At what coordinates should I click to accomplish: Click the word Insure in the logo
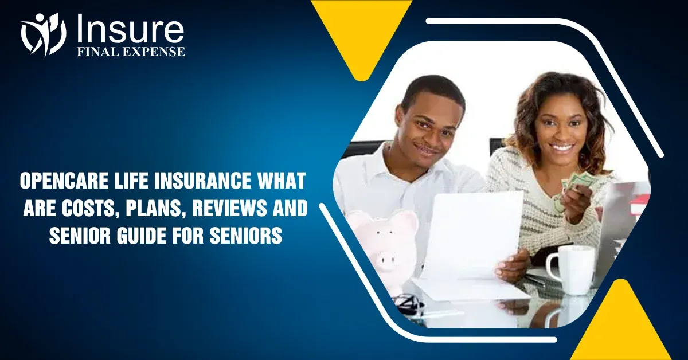129,29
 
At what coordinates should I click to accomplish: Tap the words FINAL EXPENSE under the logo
131,52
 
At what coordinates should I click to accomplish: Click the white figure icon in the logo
43,34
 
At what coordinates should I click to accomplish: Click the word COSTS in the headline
87,208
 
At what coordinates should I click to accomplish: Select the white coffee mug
570,269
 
